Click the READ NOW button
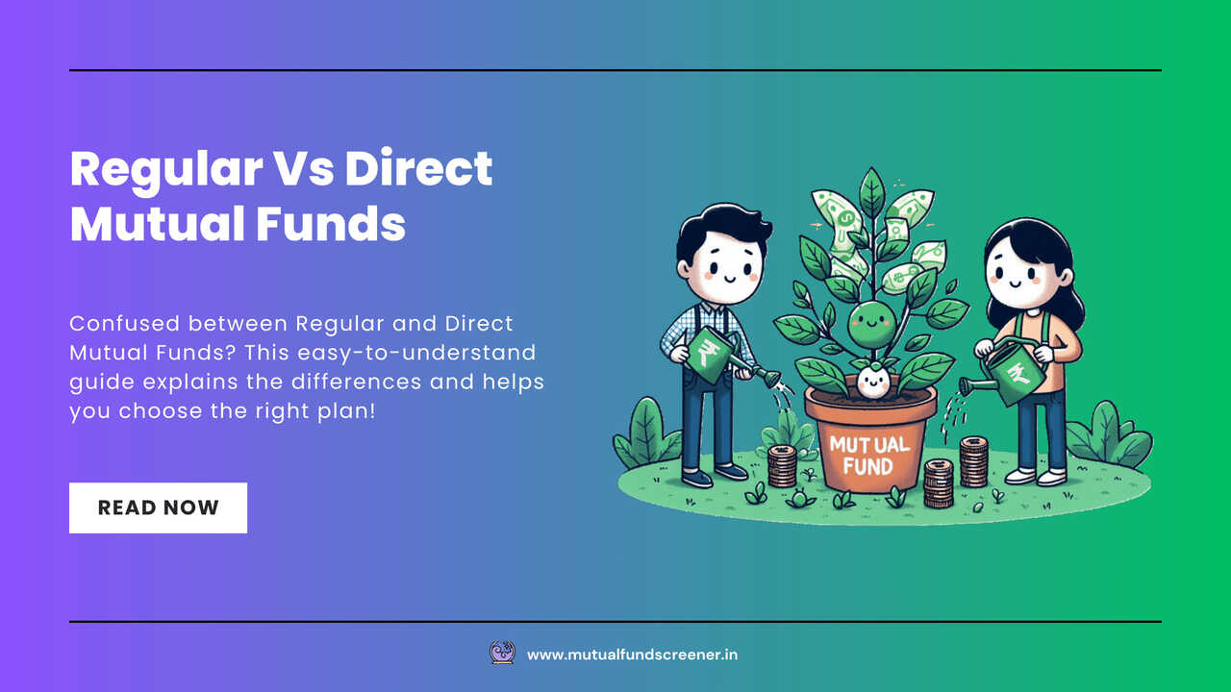click(159, 507)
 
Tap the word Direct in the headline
click(418, 168)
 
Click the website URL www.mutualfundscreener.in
click(632, 655)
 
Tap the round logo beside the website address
click(502, 653)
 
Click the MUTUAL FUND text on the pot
click(869, 456)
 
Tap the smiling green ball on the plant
click(871, 325)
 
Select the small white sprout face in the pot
click(872, 382)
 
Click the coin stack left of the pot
click(782, 466)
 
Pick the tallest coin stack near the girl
click(974, 461)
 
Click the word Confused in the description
click(125, 324)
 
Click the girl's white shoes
click(1037, 477)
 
